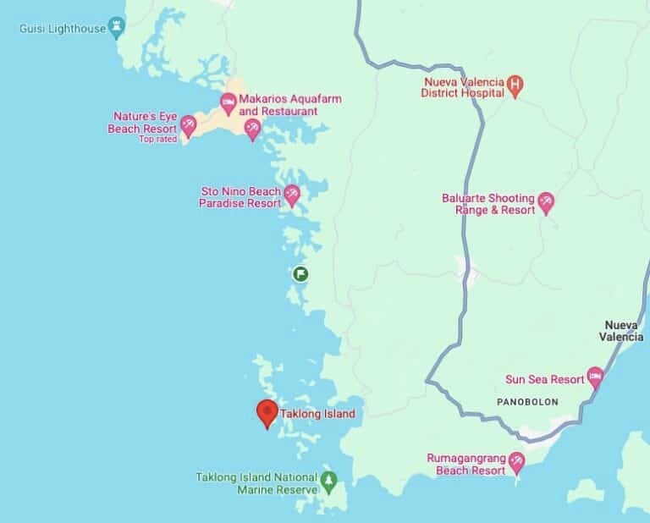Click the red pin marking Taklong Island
tap(267, 413)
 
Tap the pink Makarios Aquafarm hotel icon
tap(228, 103)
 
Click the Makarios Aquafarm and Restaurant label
tap(278, 105)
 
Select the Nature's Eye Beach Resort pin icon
tap(188, 125)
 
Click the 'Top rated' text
tap(158, 140)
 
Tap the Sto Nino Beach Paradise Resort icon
tap(292, 195)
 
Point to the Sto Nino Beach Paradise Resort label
tap(240, 197)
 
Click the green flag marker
tap(300, 273)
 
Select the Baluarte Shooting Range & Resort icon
tap(546, 201)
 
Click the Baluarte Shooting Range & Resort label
tap(488, 204)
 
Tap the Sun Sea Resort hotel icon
tap(595, 375)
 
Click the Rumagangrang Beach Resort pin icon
tap(515, 461)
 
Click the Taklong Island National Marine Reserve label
tap(256, 482)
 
